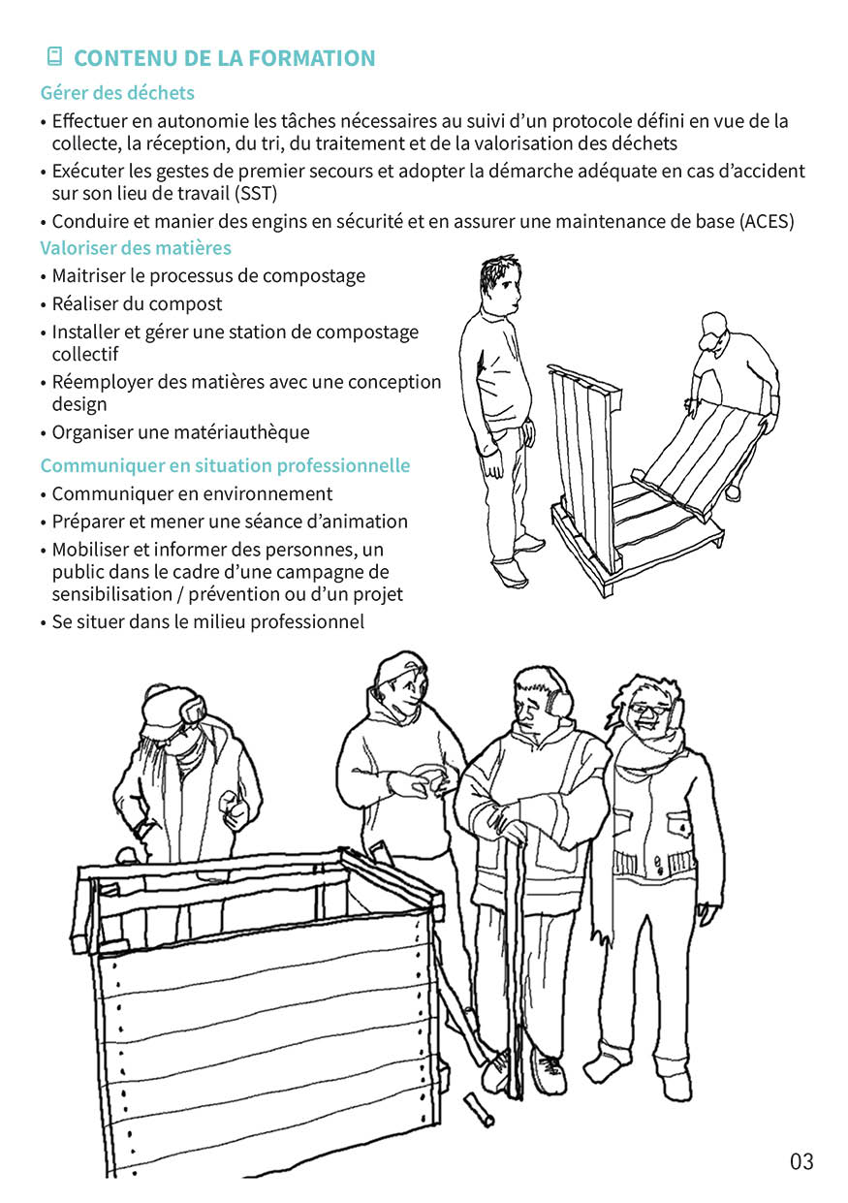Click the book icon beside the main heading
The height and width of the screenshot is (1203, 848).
54,56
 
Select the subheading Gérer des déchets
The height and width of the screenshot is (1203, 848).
117,93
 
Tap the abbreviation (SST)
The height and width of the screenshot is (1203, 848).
256,193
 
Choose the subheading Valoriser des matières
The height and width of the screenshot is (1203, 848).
136,247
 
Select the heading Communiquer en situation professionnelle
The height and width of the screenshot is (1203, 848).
225,465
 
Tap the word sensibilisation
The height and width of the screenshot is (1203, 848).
111,594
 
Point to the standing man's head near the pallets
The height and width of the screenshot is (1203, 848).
500,286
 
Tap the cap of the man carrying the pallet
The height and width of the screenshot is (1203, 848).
712,329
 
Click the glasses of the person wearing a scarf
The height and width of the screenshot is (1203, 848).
649,710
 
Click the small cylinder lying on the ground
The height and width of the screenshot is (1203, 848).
479,1110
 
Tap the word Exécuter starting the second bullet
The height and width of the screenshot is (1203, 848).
86,171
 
